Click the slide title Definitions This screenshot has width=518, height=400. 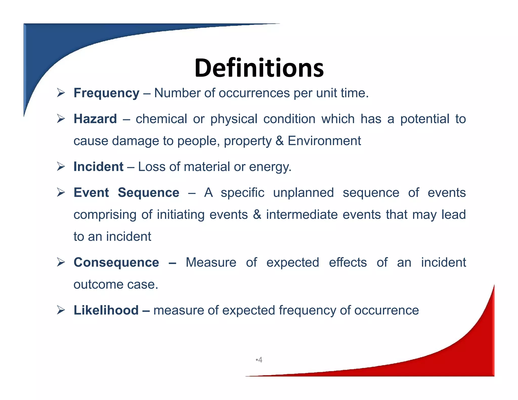(x=259, y=68)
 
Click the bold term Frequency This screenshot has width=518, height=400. (x=106, y=93)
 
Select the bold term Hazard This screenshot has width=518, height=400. (x=95, y=119)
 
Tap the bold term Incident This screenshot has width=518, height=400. (x=98, y=167)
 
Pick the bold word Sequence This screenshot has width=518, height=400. (x=148, y=193)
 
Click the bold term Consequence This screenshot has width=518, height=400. (x=116, y=262)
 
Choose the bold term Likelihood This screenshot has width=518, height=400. (x=106, y=310)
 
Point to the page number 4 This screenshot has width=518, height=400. (x=260, y=360)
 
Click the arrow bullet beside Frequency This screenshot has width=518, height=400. (x=61, y=93)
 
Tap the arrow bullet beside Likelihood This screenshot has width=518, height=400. (x=61, y=310)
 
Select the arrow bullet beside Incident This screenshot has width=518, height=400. (x=61, y=167)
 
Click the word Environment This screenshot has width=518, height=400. (x=324, y=141)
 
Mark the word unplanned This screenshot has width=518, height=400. (x=304, y=193)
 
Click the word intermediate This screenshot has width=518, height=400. (x=302, y=215)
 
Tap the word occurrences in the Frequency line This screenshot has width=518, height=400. (x=254, y=93)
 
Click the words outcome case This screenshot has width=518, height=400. (x=116, y=284)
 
